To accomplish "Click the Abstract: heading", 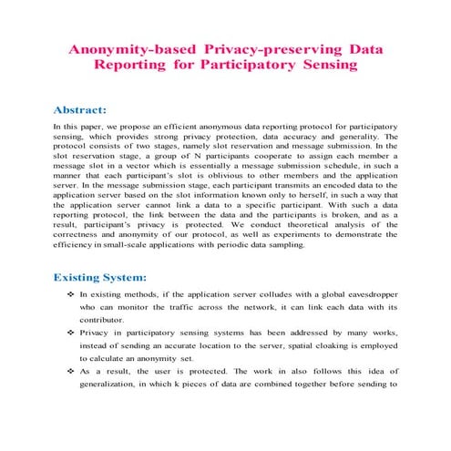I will click(x=86, y=108).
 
